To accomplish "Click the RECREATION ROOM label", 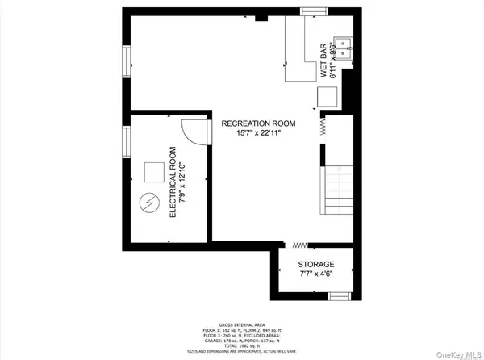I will [259, 123].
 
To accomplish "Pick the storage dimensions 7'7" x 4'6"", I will [315, 274].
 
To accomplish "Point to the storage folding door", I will [301, 244].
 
